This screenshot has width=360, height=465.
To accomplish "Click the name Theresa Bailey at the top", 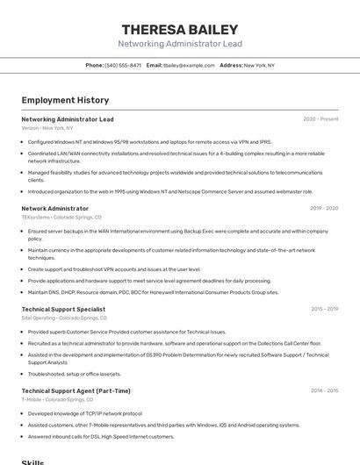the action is point(180,28).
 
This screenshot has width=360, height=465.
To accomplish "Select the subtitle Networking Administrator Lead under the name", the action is point(180,43).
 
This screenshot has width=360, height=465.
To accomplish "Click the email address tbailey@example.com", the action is point(189,65).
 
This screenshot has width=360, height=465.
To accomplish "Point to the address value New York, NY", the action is point(259,65).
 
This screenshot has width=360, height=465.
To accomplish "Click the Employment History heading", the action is point(65,100).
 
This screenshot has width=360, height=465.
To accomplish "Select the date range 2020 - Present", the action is point(320,119).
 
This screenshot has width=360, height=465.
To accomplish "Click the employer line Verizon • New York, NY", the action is point(47,128).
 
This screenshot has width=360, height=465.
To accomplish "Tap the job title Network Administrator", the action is point(54,209).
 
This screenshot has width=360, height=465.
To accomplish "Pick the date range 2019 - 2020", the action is point(324,209).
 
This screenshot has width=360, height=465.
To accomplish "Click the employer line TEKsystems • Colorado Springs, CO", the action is point(61,217).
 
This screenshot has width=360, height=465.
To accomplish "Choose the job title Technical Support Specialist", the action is point(63,309).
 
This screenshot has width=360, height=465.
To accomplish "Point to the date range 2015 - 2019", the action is point(324,309).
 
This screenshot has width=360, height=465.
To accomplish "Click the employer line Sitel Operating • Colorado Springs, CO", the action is point(65,318).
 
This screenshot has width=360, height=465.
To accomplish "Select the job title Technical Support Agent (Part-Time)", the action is point(76,390).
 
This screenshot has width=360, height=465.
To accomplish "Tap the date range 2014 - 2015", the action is point(324,390).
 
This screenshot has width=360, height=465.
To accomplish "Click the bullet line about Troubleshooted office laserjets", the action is point(75,374).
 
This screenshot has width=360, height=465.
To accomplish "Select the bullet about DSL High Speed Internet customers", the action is point(101,437).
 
